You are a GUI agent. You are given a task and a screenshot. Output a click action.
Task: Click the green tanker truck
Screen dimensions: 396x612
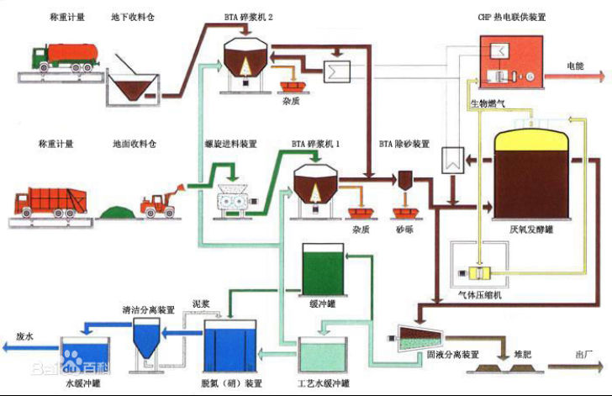[63, 58]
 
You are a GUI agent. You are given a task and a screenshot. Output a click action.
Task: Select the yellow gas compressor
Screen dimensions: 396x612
[482, 274]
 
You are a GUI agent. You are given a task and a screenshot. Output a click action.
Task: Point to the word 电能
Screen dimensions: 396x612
[575, 65]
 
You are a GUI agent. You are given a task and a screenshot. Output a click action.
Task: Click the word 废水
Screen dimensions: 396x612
[26, 336]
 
